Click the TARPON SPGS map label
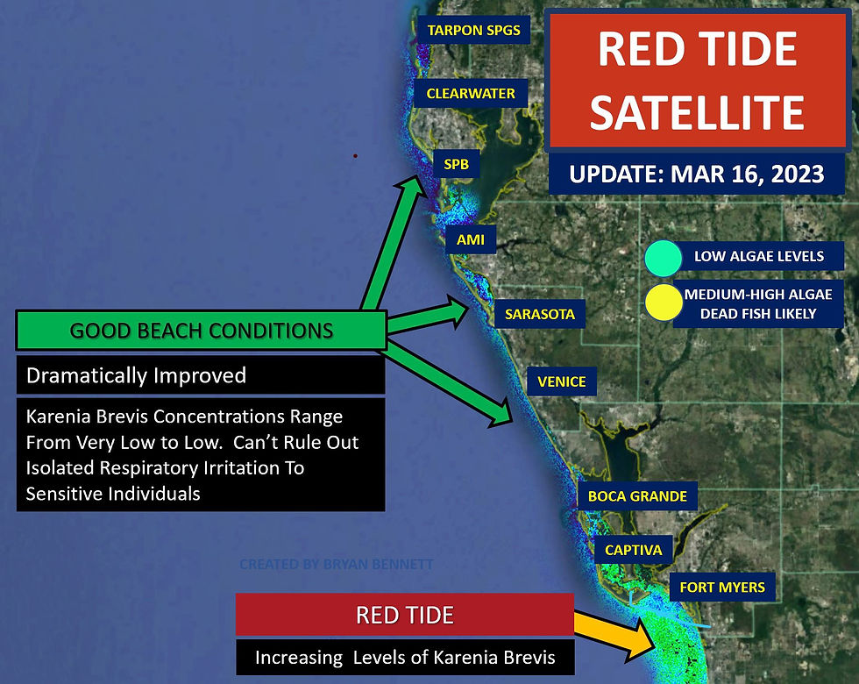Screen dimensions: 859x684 (473, 30)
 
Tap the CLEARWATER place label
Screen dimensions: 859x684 (471, 94)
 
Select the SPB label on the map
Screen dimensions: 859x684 (457, 164)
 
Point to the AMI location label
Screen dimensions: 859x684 (471, 239)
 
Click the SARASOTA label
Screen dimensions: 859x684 (540, 314)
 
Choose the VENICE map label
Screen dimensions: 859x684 (562, 381)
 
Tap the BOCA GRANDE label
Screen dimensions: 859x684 (637, 496)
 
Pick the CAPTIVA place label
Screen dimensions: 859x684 (633, 550)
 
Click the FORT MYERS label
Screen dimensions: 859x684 (722, 587)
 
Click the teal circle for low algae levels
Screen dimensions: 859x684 (663, 258)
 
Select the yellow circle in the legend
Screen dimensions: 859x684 (664, 303)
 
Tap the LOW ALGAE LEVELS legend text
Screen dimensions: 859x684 (759, 256)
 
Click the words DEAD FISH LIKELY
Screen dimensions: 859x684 (758, 314)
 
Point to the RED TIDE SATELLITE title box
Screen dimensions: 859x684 (698, 81)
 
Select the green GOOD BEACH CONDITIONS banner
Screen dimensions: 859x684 (201, 331)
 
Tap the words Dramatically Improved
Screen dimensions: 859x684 (137, 375)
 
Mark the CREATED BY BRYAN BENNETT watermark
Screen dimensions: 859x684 (337, 564)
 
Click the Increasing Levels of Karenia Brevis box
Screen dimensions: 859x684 (405, 657)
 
